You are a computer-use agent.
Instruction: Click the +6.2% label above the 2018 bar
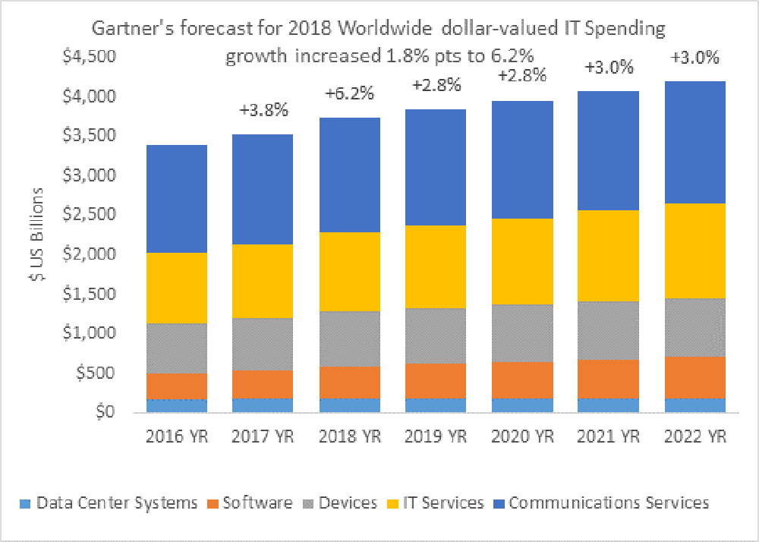click(x=349, y=94)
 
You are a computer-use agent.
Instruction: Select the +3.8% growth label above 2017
click(x=263, y=110)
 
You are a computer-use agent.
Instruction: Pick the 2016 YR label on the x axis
click(x=176, y=438)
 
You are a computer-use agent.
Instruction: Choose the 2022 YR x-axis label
click(x=694, y=438)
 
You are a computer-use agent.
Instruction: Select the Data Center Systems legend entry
click(x=111, y=503)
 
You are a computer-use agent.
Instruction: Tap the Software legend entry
click(x=250, y=503)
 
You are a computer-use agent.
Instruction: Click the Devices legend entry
click(x=342, y=503)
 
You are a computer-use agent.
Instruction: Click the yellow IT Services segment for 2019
click(x=436, y=266)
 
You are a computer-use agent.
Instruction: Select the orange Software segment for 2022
click(x=694, y=377)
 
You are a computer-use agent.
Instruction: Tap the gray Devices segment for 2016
click(x=176, y=348)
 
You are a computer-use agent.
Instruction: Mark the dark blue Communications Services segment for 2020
click(x=522, y=159)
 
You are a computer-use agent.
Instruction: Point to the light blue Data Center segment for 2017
click(x=263, y=405)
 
